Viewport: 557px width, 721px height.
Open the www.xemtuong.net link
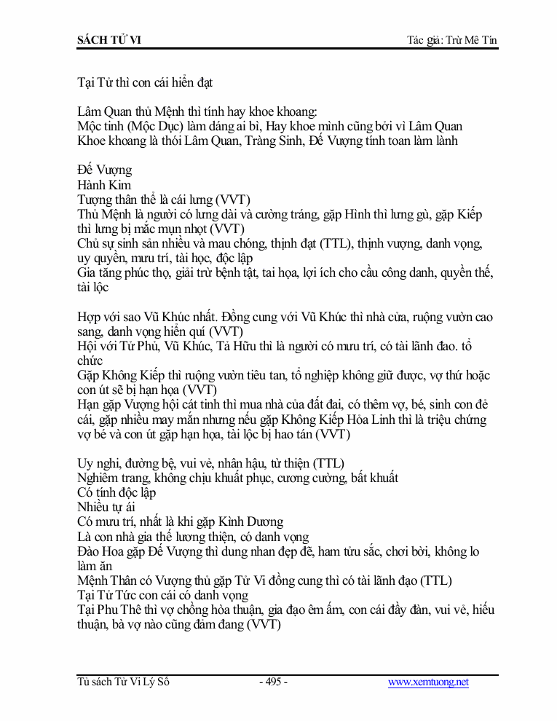click(428, 682)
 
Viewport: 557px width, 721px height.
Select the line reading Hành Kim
click(104, 185)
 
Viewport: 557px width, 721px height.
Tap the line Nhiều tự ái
click(106, 507)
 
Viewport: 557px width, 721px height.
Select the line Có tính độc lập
click(116, 492)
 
